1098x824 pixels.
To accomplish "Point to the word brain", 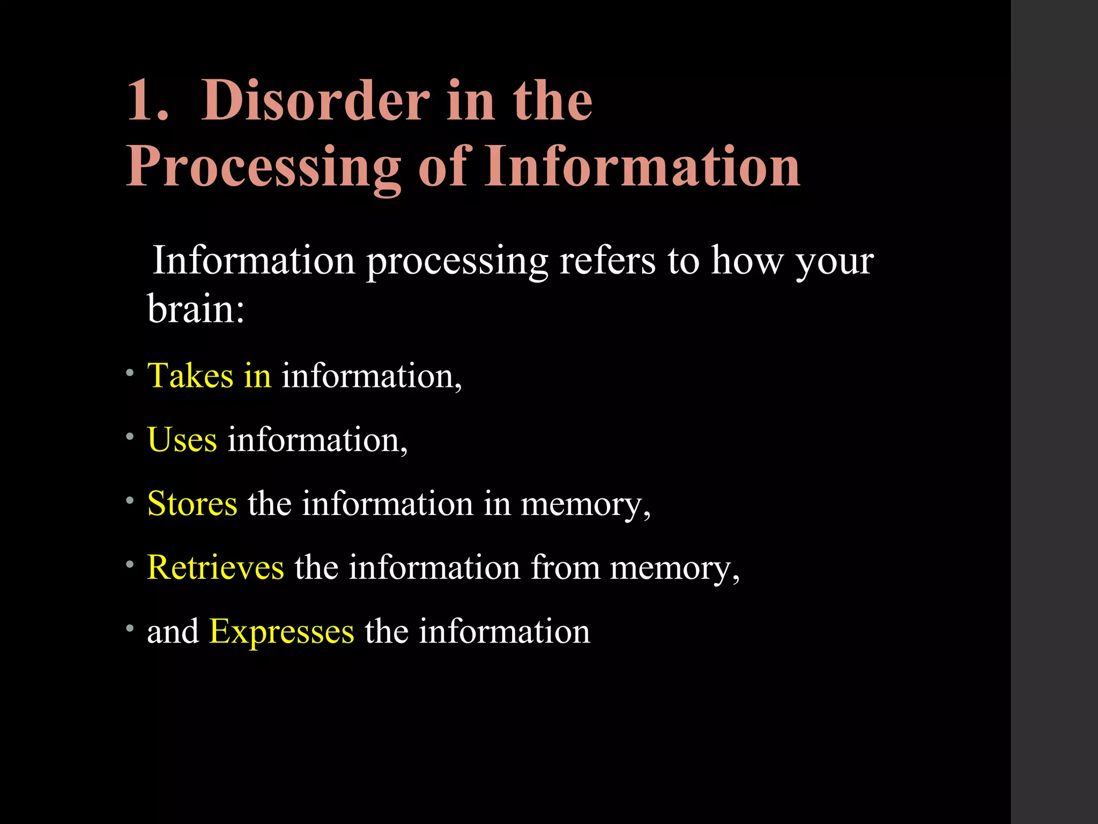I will pyautogui.click(x=191, y=310).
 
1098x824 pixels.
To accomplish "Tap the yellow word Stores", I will pyautogui.click(x=192, y=504).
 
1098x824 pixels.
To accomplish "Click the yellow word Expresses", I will pyautogui.click(x=281, y=631).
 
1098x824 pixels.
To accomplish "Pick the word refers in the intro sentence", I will pyautogui.click(x=607, y=261).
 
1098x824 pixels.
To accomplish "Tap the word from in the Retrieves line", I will pyautogui.click(x=565, y=568).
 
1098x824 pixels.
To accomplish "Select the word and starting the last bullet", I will pyautogui.click(x=173, y=631).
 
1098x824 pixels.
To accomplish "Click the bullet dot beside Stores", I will pyautogui.click(x=130, y=501).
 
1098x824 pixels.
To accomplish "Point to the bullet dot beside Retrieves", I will pyautogui.click(x=130, y=564).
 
